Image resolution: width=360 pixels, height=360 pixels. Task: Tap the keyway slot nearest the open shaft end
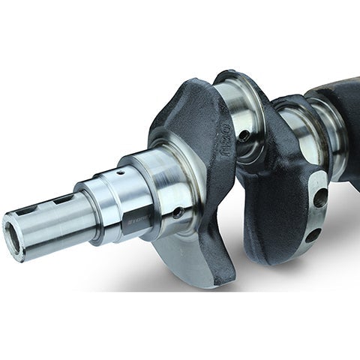pos(34,204)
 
